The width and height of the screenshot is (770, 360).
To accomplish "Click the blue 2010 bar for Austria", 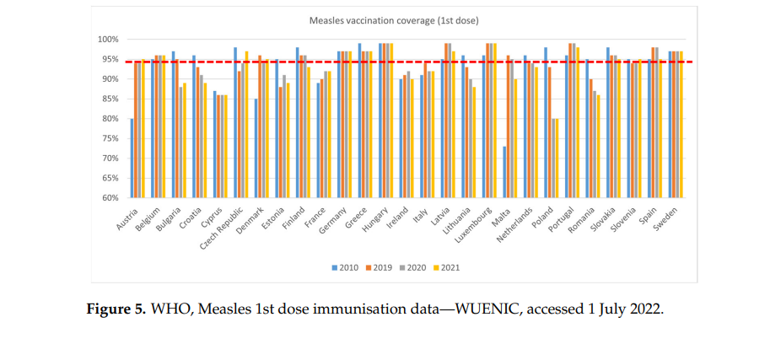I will coord(132,159).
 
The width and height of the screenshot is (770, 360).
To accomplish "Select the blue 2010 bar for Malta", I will coord(503,172).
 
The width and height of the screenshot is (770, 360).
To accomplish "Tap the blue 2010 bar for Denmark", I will coord(256,148).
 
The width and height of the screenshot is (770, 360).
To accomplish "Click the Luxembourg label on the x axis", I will coord(475,220).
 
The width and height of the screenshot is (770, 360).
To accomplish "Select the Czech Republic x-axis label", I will coord(223,223).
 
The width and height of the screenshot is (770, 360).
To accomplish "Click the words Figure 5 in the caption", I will coord(116,309).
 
